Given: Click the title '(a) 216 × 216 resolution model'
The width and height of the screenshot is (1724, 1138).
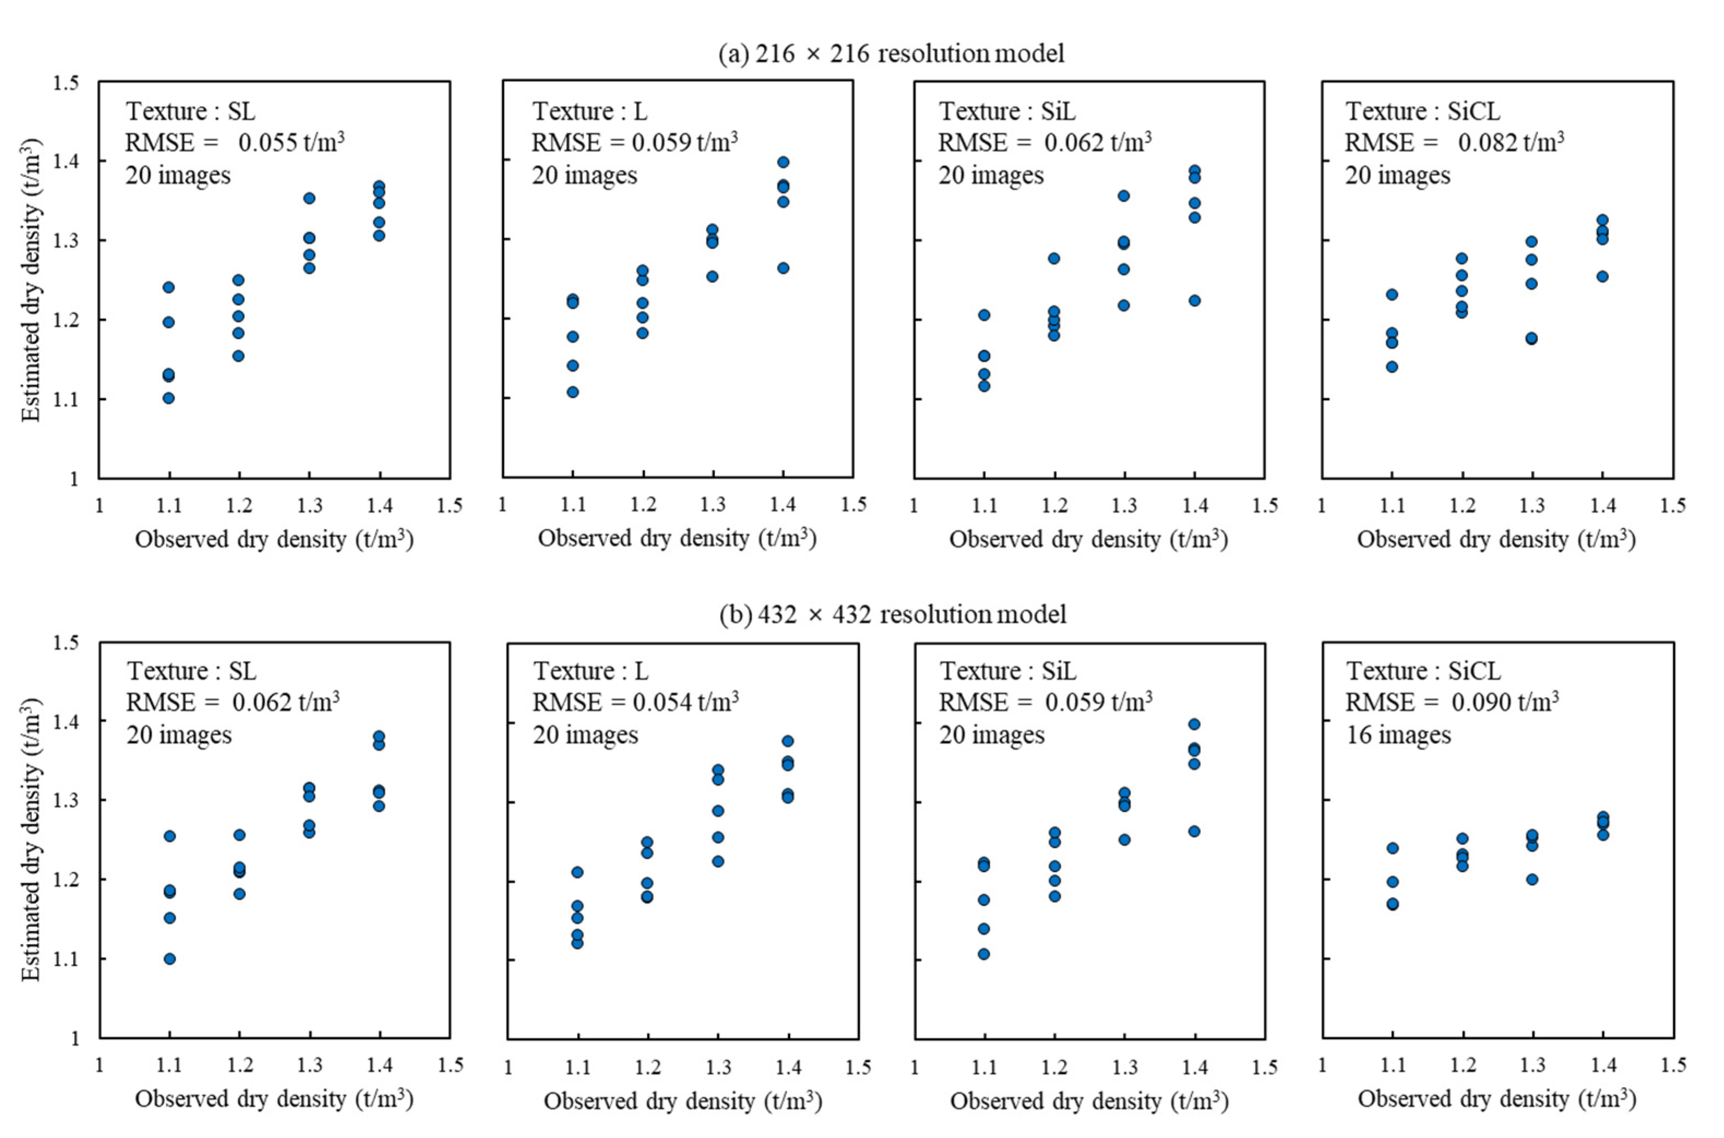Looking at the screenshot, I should (x=891, y=53).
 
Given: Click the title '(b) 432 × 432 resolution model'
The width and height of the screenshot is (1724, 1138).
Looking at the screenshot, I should (x=893, y=615).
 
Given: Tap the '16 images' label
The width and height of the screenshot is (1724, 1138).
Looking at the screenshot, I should (x=1398, y=735).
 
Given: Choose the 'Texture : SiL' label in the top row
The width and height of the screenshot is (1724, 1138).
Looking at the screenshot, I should (x=1007, y=111).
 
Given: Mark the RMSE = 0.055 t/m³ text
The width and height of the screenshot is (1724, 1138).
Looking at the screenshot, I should (x=235, y=143).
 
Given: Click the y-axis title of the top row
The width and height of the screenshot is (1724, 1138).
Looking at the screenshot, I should (x=31, y=279).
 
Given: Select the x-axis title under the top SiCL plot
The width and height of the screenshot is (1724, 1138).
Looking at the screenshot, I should (x=1496, y=539).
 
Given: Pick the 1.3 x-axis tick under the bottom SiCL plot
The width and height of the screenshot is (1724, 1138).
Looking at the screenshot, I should (x=1533, y=1065).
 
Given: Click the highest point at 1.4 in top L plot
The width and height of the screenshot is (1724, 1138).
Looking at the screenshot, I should (x=783, y=162).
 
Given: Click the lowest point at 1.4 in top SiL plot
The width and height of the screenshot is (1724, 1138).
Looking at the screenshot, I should (x=1194, y=301).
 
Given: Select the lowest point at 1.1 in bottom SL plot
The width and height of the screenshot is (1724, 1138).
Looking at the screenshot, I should (x=169, y=959).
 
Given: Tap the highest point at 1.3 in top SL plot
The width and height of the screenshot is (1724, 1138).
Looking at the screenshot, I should (x=309, y=198).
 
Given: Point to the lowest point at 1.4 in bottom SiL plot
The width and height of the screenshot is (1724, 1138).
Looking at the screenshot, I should (x=1194, y=831).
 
